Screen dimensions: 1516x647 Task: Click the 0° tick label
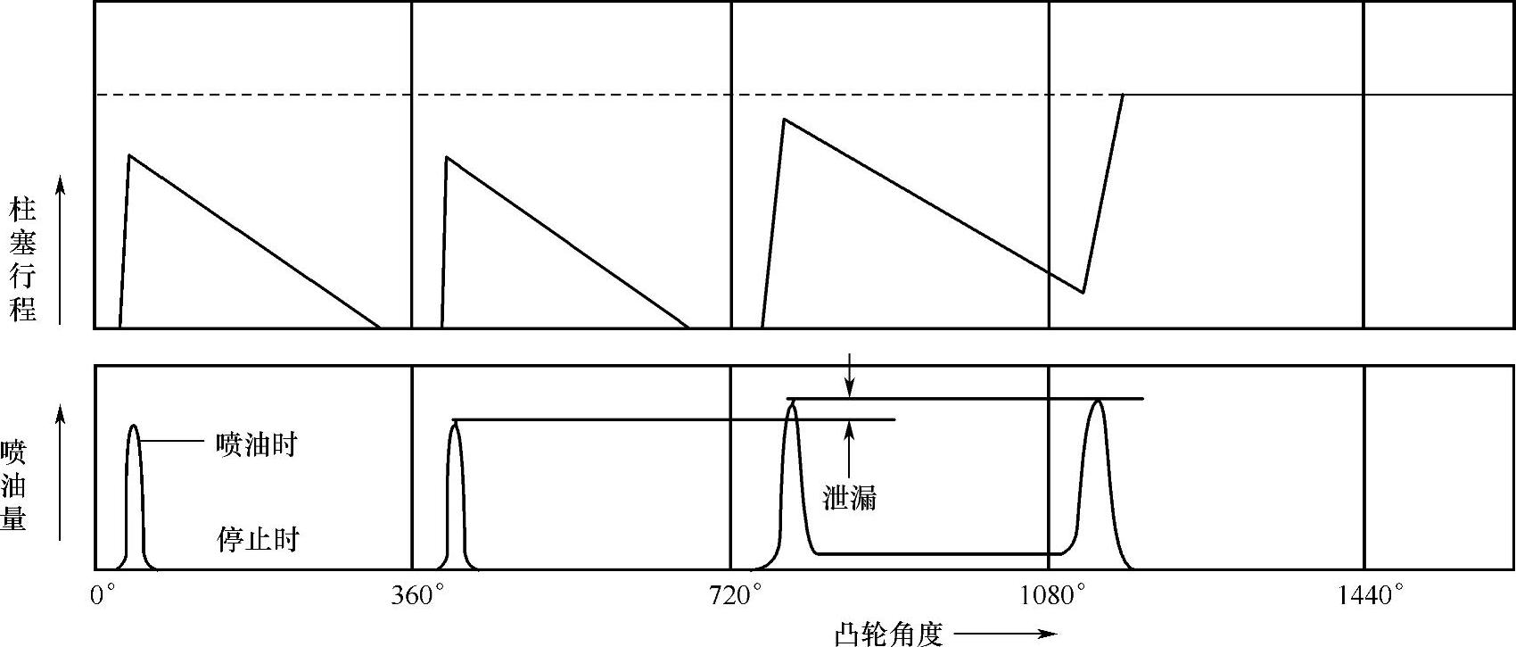click(x=103, y=595)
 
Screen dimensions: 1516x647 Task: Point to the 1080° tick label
click(x=1054, y=595)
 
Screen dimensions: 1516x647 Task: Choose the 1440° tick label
click(x=1371, y=595)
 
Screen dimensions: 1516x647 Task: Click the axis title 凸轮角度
click(x=889, y=634)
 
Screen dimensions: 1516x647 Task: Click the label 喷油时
click(x=256, y=444)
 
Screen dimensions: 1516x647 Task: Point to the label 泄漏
click(x=849, y=498)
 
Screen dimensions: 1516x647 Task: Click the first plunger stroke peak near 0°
click(x=129, y=156)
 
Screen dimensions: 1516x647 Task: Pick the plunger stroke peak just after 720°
click(x=783, y=119)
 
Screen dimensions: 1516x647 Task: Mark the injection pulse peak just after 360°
click(x=455, y=425)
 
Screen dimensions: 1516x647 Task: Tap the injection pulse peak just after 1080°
click(x=1098, y=402)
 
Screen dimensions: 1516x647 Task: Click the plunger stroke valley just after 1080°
click(x=1083, y=292)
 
